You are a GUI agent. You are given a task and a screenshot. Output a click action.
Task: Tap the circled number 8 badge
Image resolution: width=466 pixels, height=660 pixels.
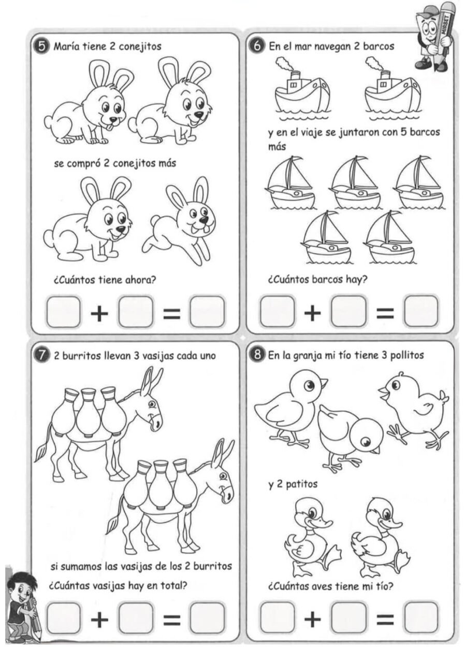click(x=257, y=355)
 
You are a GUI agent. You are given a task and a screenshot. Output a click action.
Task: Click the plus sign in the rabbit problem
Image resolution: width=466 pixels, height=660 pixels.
click(x=99, y=313)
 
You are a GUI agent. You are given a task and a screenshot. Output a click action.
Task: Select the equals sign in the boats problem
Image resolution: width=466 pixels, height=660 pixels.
click(x=385, y=313)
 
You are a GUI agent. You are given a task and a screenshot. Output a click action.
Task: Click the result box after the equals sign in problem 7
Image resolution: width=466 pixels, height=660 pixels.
click(x=207, y=618)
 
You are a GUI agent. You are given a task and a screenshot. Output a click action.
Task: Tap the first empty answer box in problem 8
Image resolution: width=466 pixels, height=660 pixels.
click(x=278, y=618)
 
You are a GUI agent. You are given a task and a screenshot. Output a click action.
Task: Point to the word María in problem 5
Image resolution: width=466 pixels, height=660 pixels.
click(x=68, y=46)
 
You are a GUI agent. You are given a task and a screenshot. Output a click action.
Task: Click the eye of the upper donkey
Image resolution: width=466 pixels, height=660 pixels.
click(x=152, y=404)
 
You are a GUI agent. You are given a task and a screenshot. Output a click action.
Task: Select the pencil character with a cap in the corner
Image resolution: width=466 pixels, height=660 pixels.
click(x=434, y=36)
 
